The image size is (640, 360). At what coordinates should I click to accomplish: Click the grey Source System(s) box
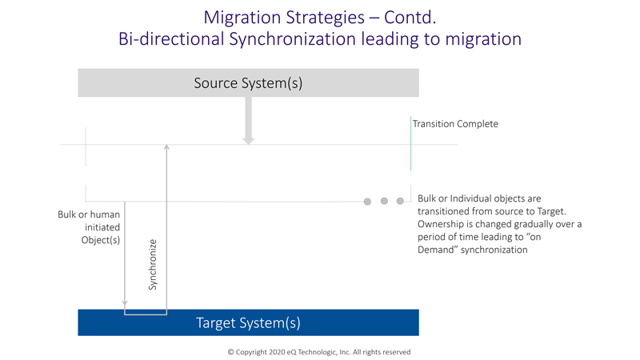point(248,83)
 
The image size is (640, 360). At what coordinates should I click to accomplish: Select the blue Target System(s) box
point(248,322)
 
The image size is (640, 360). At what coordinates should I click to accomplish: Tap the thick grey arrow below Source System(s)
point(248,121)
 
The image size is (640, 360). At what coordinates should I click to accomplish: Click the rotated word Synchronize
point(153,265)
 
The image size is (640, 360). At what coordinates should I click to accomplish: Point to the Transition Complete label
point(455,124)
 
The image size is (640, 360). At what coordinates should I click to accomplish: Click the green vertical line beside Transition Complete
point(410,144)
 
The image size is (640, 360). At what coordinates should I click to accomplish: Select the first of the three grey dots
point(367,202)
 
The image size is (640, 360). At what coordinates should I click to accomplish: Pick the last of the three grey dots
point(401,202)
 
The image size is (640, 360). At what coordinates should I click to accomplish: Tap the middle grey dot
point(384,202)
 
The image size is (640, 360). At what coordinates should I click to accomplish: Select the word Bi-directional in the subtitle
point(171,39)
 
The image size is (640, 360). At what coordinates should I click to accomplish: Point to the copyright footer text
point(319,352)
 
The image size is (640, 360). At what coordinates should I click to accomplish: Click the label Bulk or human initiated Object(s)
point(89,227)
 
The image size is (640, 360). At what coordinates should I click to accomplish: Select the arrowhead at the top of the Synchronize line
point(166,146)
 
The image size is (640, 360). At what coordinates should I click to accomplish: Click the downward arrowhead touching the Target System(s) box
point(125,304)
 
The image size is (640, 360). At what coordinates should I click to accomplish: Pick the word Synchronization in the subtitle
point(293,39)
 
